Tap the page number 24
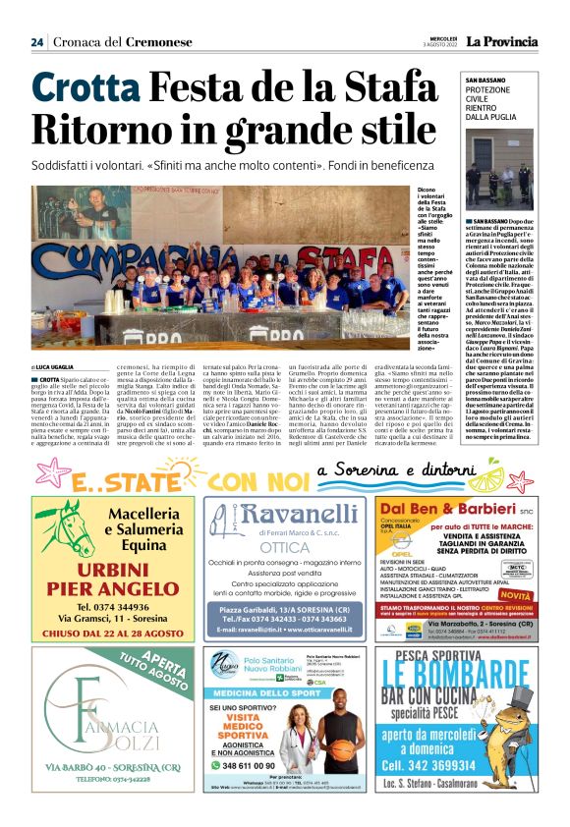[37, 41]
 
